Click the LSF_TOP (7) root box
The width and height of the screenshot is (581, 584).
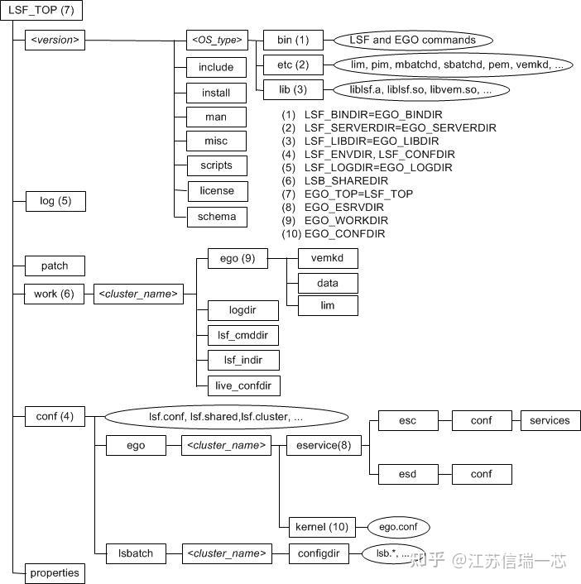41,11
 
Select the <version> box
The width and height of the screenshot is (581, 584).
55,40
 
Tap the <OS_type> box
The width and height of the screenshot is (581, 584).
216,40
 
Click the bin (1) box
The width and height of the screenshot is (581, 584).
292,40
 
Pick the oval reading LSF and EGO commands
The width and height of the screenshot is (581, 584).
413,40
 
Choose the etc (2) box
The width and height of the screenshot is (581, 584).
292,65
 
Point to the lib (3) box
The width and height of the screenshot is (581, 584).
292,89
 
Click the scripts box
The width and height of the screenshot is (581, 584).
216,165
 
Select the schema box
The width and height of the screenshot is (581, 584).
216,217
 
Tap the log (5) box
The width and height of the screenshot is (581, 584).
55,201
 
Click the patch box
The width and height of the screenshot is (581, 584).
55,266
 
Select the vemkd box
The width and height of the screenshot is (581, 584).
327,258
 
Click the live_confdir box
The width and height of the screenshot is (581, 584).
243,385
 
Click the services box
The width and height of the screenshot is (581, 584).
550,420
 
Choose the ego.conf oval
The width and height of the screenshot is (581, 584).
399,526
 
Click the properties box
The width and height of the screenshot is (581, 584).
55,572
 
